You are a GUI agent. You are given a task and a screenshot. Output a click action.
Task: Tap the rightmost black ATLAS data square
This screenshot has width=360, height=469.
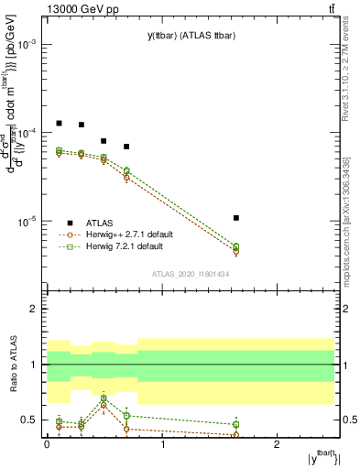[x=235, y=218]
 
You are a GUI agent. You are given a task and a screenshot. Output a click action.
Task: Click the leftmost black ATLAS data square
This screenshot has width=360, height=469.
[x=59, y=123]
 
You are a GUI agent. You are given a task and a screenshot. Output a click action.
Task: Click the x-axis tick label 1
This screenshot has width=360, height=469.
[x=162, y=443]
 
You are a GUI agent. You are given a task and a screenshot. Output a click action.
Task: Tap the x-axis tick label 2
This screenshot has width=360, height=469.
[x=278, y=443]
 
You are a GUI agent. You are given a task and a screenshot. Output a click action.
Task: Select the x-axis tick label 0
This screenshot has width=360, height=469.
[x=47, y=443]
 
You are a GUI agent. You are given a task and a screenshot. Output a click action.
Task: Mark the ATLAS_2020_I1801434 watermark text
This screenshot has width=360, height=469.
[x=190, y=274]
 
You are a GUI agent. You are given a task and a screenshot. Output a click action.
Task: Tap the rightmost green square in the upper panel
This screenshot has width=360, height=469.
[x=235, y=246]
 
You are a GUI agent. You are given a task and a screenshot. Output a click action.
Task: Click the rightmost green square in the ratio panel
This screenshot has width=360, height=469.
[x=235, y=424]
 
